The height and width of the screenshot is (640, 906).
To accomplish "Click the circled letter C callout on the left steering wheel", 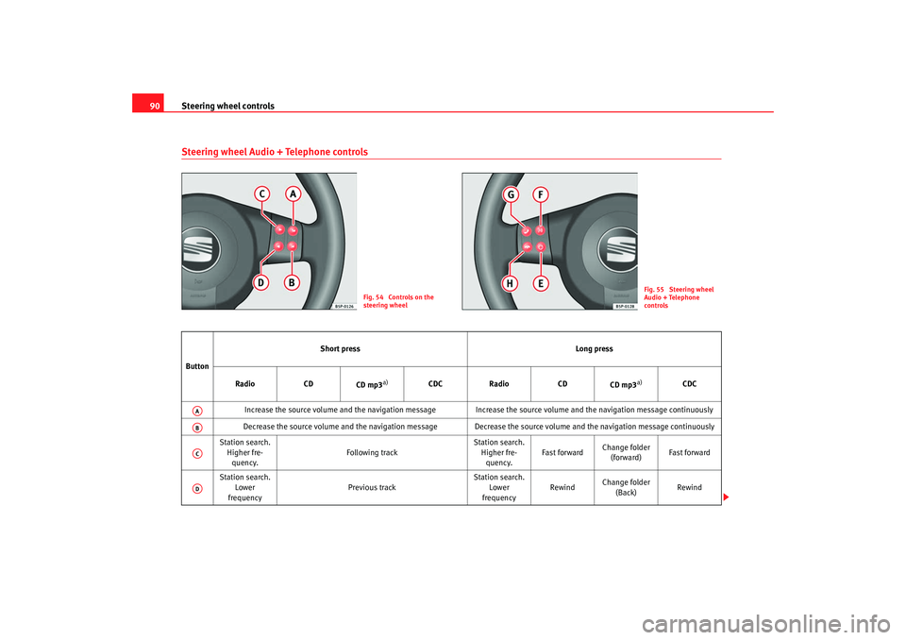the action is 261,194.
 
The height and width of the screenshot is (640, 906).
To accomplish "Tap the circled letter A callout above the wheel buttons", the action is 293,194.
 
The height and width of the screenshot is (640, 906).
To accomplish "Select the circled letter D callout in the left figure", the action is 261,282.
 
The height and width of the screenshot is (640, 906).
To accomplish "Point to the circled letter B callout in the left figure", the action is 292,282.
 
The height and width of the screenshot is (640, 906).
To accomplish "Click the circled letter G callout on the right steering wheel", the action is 511,194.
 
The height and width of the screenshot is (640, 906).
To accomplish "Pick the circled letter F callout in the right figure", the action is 540,194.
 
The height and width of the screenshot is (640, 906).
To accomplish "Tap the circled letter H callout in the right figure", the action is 510,283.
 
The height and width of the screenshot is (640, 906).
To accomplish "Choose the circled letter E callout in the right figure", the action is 540,283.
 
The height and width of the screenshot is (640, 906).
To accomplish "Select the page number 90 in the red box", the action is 154,106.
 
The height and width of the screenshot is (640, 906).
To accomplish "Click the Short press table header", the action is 340,348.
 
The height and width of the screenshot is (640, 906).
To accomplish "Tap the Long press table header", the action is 594,348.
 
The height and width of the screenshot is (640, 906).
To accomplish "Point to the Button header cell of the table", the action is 197,366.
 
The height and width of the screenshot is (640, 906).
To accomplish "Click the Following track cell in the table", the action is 372,453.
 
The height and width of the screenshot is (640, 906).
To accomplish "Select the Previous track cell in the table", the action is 372,487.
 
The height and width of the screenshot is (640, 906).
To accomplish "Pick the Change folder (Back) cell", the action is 626,487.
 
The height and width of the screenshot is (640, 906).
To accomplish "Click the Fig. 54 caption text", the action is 398,301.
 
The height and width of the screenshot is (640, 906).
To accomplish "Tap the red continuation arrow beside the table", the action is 726,497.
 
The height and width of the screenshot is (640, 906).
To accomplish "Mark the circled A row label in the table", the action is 197,411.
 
